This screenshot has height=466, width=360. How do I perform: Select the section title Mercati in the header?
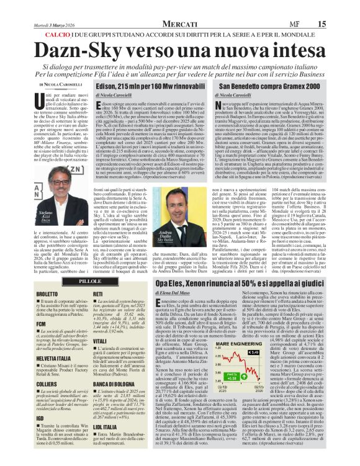click(181, 7)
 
